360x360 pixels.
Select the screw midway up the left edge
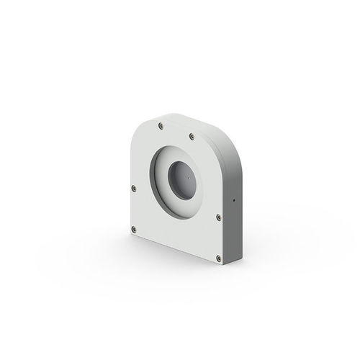pos(134,189)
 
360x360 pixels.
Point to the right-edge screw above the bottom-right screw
pos(217,215)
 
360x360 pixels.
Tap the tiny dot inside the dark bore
pos(186,175)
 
